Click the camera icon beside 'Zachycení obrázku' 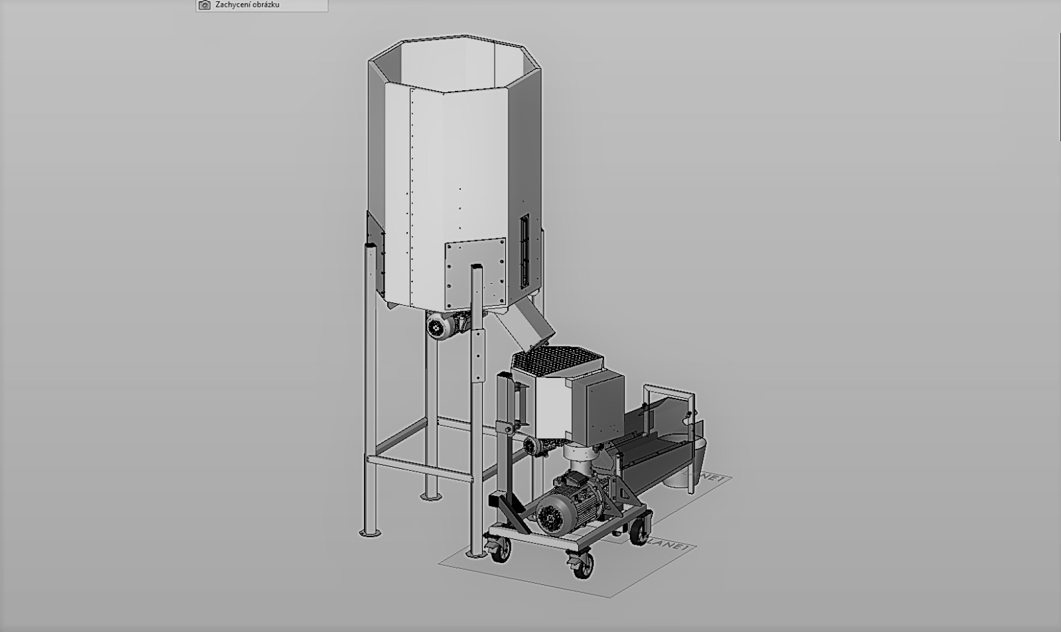[204, 5]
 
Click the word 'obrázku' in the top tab [265, 5]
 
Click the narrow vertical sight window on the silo [525, 249]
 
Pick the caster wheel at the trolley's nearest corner [579, 565]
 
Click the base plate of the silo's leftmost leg [370, 532]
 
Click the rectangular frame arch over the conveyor [670, 398]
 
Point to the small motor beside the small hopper [534, 445]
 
